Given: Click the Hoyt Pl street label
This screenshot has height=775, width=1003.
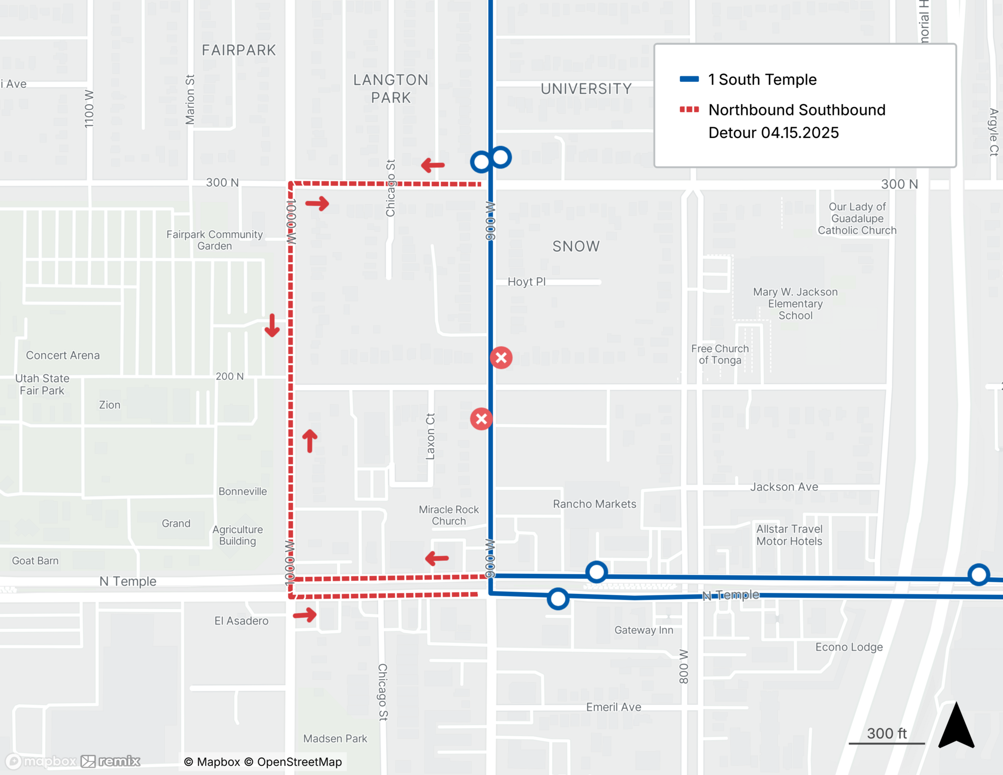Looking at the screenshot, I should click(x=526, y=282).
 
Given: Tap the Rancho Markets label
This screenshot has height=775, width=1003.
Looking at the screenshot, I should click(x=594, y=504).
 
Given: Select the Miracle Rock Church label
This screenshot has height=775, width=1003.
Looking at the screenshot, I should click(x=449, y=515).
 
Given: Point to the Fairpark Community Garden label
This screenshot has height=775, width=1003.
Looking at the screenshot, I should click(x=215, y=240).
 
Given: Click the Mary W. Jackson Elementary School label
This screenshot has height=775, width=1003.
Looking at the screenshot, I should click(x=795, y=303).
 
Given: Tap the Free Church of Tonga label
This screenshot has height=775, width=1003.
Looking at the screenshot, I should click(x=720, y=354).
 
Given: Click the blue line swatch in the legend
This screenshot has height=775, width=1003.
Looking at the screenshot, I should click(x=689, y=79).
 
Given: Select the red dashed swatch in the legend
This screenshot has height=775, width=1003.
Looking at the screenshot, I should click(x=689, y=109).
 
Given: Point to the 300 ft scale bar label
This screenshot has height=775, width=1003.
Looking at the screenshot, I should click(x=887, y=733).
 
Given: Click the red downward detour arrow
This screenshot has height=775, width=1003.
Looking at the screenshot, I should click(x=272, y=326).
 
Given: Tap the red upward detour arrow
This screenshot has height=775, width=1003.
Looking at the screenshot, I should click(x=310, y=440).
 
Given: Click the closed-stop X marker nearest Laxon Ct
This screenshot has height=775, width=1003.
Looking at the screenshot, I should click(x=481, y=419).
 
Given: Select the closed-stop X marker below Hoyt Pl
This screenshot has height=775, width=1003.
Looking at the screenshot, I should click(x=501, y=358).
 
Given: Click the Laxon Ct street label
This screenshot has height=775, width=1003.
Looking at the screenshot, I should click(x=430, y=436).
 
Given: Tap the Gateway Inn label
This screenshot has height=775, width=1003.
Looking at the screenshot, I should click(x=644, y=630).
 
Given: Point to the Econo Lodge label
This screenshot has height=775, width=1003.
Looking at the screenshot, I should click(x=849, y=647).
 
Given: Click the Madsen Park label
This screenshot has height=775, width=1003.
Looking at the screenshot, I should click(x=335, y=738).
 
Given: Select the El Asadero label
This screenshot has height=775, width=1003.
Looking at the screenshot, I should click(x=241, y=621).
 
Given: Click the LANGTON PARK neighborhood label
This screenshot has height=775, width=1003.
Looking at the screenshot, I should click(x=391, y=89).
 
